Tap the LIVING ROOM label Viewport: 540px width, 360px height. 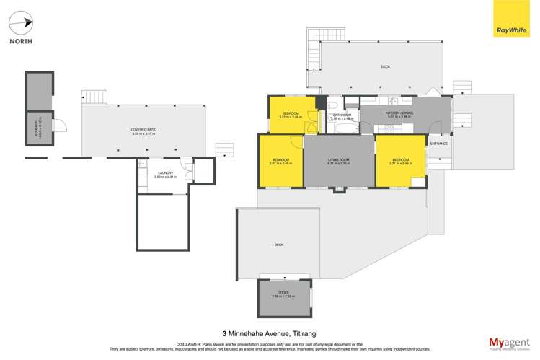pos(338,161)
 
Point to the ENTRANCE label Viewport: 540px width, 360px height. pos(438,144)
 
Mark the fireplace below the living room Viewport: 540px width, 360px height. pos(338,190)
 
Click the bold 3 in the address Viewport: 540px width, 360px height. pos(225,333)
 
